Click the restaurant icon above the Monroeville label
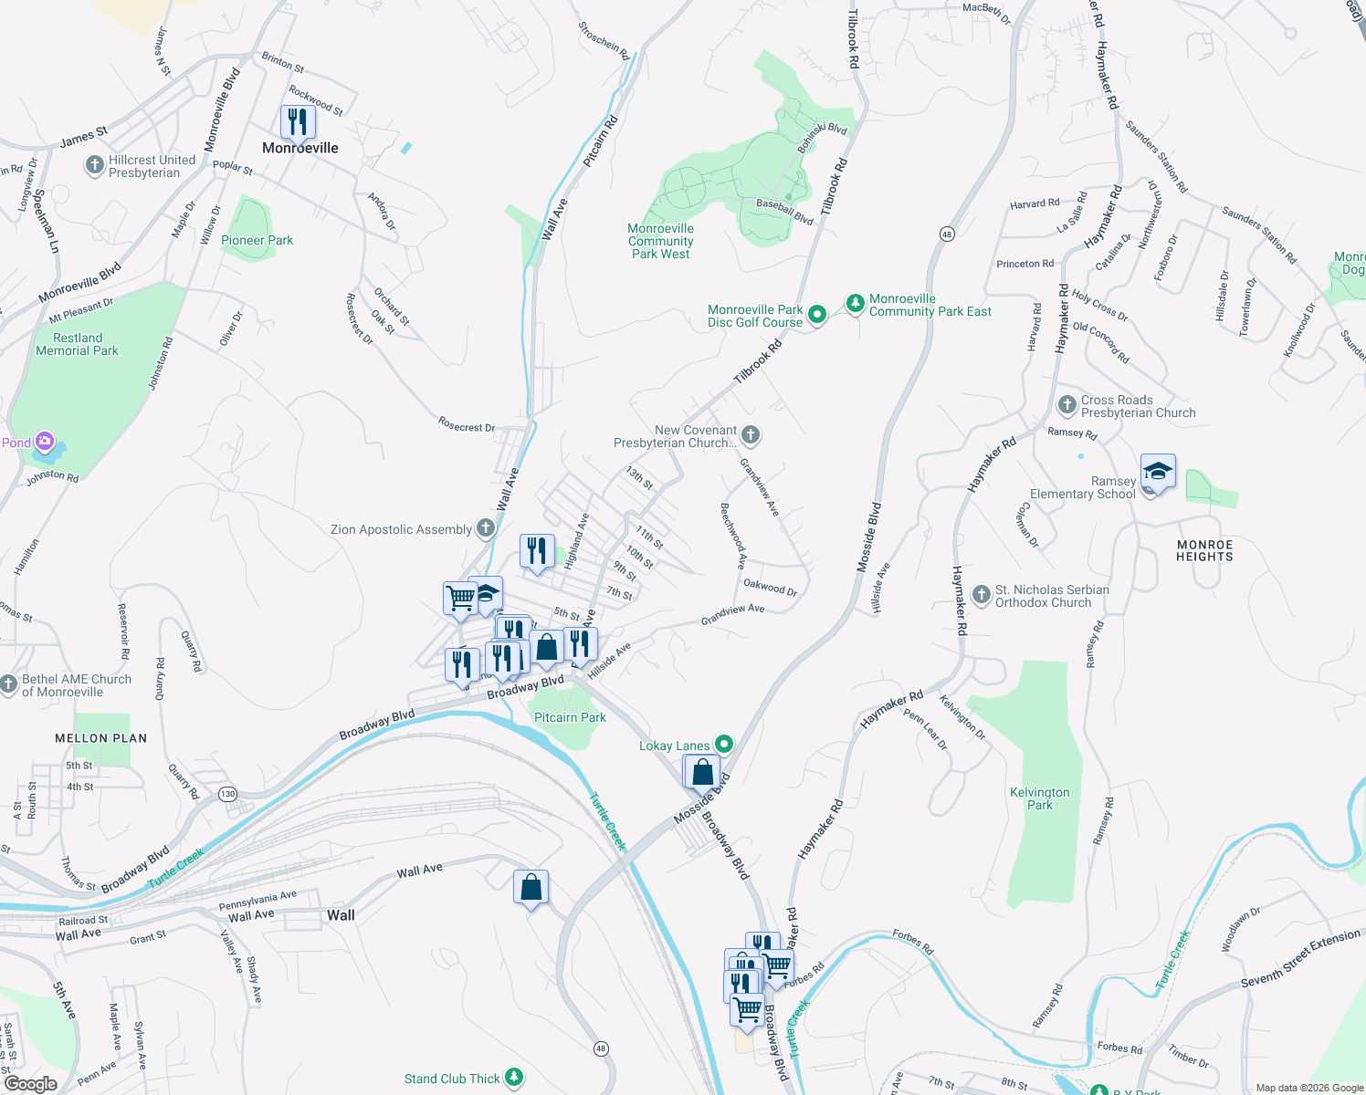297,121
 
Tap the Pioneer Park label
257,241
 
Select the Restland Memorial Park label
78,344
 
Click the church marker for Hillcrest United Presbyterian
94,165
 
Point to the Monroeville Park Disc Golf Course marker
817,315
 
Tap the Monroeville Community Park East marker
855,303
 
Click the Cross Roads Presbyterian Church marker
1067,404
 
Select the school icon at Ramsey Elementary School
1157,473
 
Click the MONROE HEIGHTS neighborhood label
1204,550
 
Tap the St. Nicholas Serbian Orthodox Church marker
981,596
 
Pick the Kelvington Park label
1039,798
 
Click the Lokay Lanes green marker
723,745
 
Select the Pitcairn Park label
570,717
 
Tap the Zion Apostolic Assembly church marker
486,527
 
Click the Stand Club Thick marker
514,1078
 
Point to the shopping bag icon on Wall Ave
531,887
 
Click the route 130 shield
227,794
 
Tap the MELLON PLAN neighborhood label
100,738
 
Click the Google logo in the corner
30,1083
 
